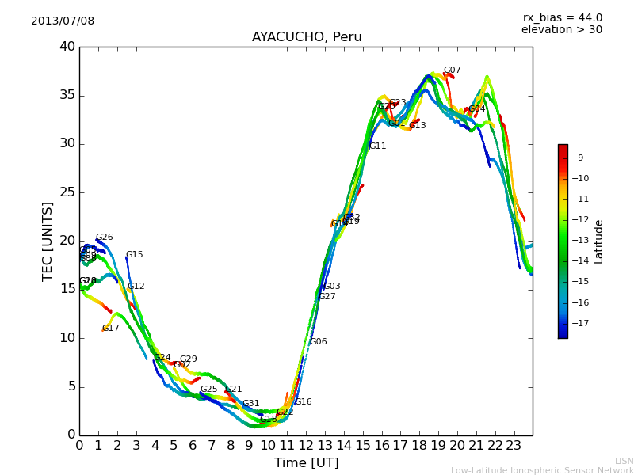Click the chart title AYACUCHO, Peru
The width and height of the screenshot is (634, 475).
(307, 37)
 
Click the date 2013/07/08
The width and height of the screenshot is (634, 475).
(63, 21)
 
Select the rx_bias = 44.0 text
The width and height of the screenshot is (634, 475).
(562, 17)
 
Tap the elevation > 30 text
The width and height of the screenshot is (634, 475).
(562, 30)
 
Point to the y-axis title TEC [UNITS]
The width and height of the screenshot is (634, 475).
(48, 241)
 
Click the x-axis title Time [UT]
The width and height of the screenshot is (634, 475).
(306, 462)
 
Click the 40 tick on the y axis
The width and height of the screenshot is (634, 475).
(67, 47)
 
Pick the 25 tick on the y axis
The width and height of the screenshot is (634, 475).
(67, 192)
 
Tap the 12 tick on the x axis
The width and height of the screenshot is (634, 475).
(306, 445)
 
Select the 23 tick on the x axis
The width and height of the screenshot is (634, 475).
(514, 445)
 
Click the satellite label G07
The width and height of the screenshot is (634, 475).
(452, 70)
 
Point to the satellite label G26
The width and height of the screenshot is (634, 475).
(104, 237)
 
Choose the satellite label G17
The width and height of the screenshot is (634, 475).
(110, 329)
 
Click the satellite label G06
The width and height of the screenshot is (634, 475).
(318, 342)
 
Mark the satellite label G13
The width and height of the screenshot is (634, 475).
(417, 126)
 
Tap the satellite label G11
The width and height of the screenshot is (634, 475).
(377, 146)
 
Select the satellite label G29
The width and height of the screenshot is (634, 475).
(188, 359)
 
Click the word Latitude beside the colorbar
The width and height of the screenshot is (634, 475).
(599, 241)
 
